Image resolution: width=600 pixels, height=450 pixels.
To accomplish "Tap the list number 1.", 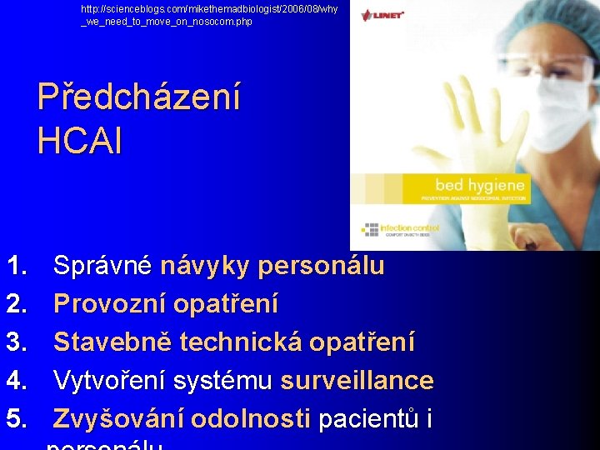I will (17, 266).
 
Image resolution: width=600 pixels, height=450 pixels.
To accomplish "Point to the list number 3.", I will (17, 342).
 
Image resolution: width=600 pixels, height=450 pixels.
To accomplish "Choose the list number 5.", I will (17, 419).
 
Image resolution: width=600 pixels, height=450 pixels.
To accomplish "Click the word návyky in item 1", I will (206, 267).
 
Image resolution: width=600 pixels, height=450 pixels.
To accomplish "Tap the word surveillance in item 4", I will (357, 381).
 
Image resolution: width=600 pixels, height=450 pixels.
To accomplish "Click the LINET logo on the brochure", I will (383, 15).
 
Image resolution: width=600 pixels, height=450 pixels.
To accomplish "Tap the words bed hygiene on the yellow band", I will (480, 185).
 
